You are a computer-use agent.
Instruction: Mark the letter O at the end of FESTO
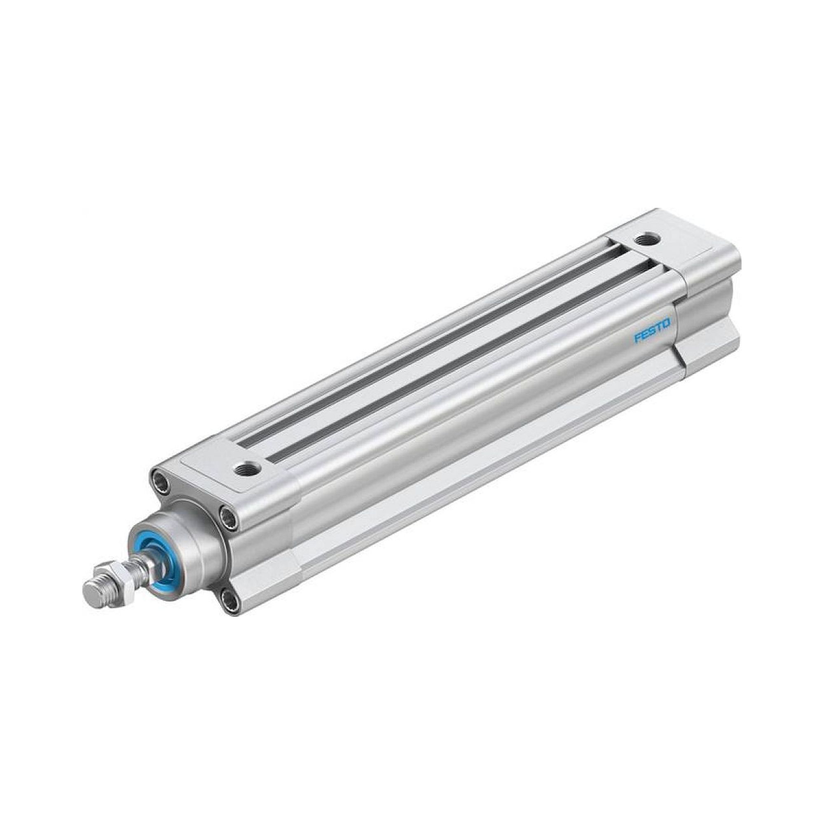666,323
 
